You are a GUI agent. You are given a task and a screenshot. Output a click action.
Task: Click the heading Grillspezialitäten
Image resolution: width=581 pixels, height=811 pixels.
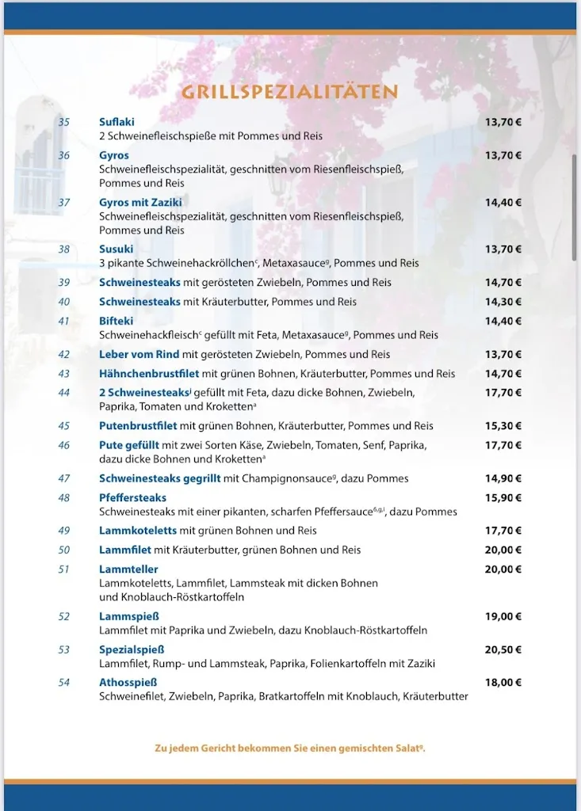point(289,92)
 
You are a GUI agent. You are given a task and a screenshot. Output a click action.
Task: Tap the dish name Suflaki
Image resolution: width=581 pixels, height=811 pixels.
point(117,122)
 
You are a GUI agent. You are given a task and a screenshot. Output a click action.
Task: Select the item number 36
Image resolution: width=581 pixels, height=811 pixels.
point(63,155)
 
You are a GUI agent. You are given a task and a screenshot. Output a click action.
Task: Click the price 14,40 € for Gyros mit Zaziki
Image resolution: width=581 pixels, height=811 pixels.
point(503,203)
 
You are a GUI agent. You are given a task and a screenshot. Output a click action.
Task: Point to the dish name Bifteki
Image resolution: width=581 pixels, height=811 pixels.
point(116,322)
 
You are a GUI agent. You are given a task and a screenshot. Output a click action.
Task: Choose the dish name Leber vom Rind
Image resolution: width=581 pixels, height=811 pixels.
point(139,355)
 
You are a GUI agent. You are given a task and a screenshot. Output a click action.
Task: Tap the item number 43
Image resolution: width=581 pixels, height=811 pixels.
point(63,374)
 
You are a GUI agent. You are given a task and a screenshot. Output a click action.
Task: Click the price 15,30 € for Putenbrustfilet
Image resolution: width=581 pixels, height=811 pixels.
point(503,426)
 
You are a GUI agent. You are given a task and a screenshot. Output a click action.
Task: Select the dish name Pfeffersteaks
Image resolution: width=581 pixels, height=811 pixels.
point(132,498)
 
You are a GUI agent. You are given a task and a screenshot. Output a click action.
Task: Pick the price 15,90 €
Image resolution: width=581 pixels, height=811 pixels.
point(503,498)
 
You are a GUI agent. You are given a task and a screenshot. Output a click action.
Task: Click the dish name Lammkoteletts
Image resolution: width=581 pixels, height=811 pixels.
point(138,531)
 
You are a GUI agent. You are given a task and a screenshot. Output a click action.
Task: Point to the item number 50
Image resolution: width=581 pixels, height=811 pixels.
point(63,550)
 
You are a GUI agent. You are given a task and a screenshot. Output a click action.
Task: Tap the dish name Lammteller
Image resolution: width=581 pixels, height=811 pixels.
point(128,569)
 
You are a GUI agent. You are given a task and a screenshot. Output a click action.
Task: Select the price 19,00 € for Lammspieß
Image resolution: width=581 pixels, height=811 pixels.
point(503,616)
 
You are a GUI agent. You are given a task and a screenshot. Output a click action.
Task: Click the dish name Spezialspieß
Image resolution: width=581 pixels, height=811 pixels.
point(132,649)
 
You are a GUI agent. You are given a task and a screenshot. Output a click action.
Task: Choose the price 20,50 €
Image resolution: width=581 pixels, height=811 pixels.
point(503,649)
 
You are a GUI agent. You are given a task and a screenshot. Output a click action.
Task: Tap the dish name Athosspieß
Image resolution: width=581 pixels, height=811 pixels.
point(128,683)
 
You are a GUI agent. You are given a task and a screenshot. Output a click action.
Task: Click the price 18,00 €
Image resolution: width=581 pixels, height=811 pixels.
point(503,683)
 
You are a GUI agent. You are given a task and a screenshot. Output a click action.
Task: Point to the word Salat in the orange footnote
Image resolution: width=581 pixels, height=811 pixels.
point(407,748)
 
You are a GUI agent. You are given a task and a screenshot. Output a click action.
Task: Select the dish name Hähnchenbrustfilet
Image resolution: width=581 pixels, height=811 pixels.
point(149,374)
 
